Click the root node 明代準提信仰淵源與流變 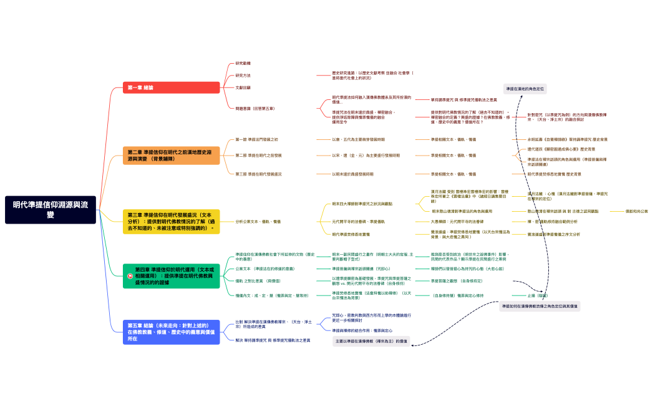(51, 209)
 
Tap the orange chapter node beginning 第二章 (171, 156)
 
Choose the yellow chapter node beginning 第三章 (171, 222)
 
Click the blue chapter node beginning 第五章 (171, 332)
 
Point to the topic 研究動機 (243, 64)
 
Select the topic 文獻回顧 (243, 87)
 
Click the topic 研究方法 (243, 76)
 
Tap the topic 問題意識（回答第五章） (255, 109)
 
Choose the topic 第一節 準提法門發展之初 (256, 139)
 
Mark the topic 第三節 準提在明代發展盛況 (258, 174)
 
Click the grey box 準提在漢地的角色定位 (525, 89)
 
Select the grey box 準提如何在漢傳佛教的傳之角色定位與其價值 (540, 306)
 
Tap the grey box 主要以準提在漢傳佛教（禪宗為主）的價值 (371, 341)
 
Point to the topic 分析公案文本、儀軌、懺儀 (258, 222)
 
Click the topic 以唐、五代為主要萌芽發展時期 (358, 139)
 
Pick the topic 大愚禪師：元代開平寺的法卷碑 (457, 222)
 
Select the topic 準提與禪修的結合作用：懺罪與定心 (362, 330)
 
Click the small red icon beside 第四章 (130, 276)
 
